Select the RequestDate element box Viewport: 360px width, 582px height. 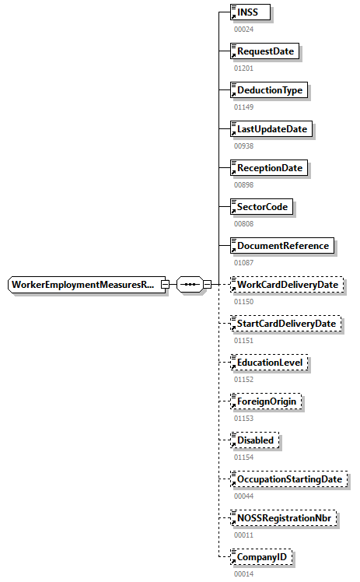[x=267, y=51]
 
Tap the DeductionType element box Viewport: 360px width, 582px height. [x=269, y=90]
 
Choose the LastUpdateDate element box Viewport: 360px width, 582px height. [x=272, y=129]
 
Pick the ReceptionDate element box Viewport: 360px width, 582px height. [x=269, y=168]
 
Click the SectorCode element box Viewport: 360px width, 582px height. [x=264, y=207]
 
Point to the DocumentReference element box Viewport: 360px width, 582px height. [x=283, y=246]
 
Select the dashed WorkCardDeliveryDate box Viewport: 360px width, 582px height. [x=287, y=285]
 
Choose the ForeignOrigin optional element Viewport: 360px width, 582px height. [x=267, y=401]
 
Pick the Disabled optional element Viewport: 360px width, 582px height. [x=256, y=440]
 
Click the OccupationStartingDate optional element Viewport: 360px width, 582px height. [x=289, y=479]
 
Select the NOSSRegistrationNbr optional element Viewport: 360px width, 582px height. [x=285, y=518]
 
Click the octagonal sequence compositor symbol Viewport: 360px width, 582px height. [x=189, y=285]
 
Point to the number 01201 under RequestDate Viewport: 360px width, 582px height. [x=243, y=68]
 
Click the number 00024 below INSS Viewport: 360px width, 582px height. [x=243, y=29]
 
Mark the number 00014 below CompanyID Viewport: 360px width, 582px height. [x=243, y=573]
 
